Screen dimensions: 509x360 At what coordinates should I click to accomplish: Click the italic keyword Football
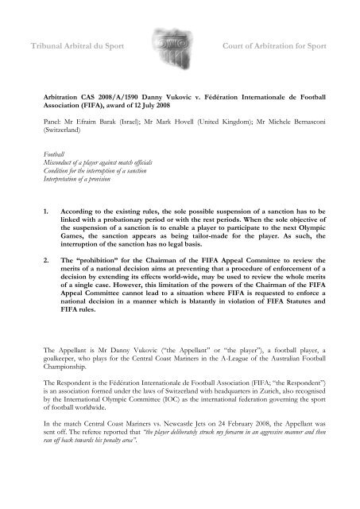55,173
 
